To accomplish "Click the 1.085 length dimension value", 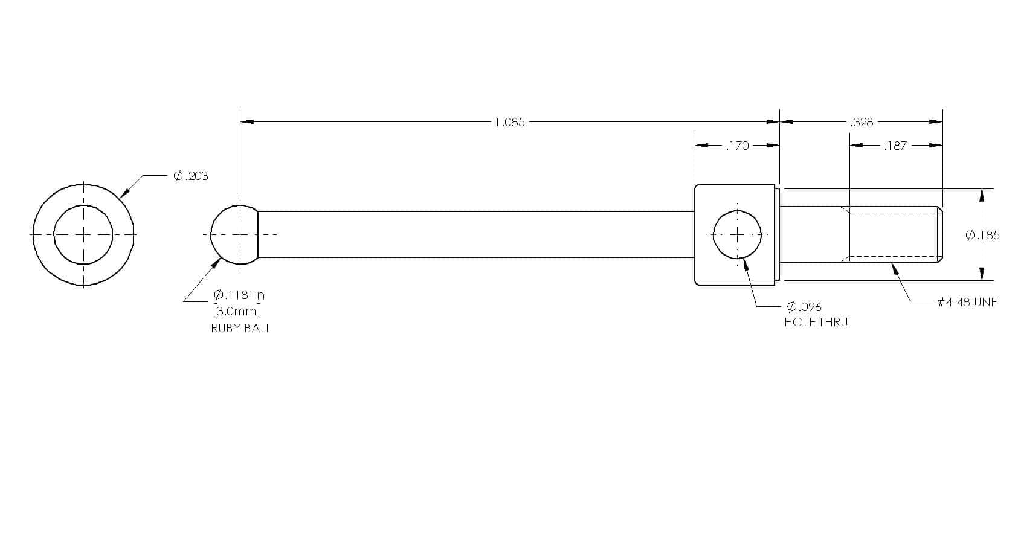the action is (509, 123).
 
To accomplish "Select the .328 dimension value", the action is (862, 123).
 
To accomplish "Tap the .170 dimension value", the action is (737, 146).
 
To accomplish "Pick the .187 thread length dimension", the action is (895, 146).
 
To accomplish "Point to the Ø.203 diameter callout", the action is (191, 176).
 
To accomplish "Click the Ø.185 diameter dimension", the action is (982, 235).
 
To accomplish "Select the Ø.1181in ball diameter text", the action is (239, 295).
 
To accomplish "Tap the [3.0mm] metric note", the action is (237, 311).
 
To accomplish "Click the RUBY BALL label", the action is (240, 329).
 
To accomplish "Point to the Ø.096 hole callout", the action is (804, 307).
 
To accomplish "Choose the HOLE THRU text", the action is (816, 322).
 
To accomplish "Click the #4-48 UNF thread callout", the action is (967, 302).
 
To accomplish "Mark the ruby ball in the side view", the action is (234, 235).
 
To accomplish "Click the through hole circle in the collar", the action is (737, 235).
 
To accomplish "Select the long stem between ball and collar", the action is (476, 234).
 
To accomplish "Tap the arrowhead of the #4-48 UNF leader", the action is (895, 268).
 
